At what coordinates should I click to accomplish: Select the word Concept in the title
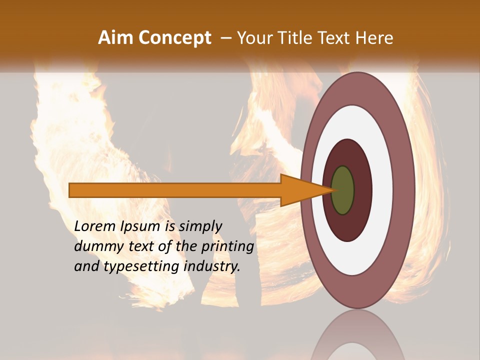click(x=174, y=38)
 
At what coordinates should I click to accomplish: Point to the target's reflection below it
click(x=357, y=337)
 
